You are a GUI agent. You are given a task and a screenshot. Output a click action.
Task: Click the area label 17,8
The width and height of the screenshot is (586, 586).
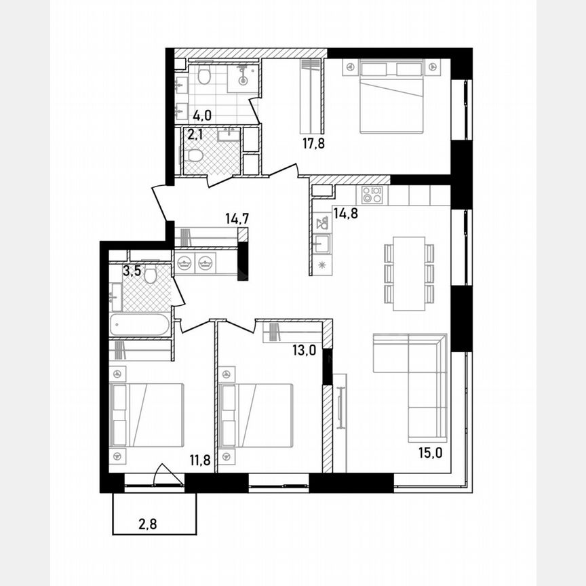click(x=313, y=142)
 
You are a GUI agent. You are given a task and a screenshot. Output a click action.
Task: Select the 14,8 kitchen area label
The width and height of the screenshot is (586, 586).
click(x=345, y=212)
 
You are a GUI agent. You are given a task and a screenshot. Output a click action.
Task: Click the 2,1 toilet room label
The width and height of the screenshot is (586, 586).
click(x=195, y=134)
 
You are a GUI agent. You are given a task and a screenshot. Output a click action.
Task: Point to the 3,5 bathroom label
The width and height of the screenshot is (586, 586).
click(x=132, y=273)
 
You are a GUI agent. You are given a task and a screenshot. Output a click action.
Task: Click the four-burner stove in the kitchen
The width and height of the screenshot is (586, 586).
click(x=372, y=195)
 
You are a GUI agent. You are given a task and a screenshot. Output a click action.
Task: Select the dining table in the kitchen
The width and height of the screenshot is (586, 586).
click(x=409, y=273)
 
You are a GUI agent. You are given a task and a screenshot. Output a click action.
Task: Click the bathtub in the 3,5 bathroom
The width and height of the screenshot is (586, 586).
click(x=139, y=325)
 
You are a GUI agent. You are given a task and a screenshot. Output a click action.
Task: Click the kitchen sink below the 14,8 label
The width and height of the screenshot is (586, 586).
click(x=321, y=243)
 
